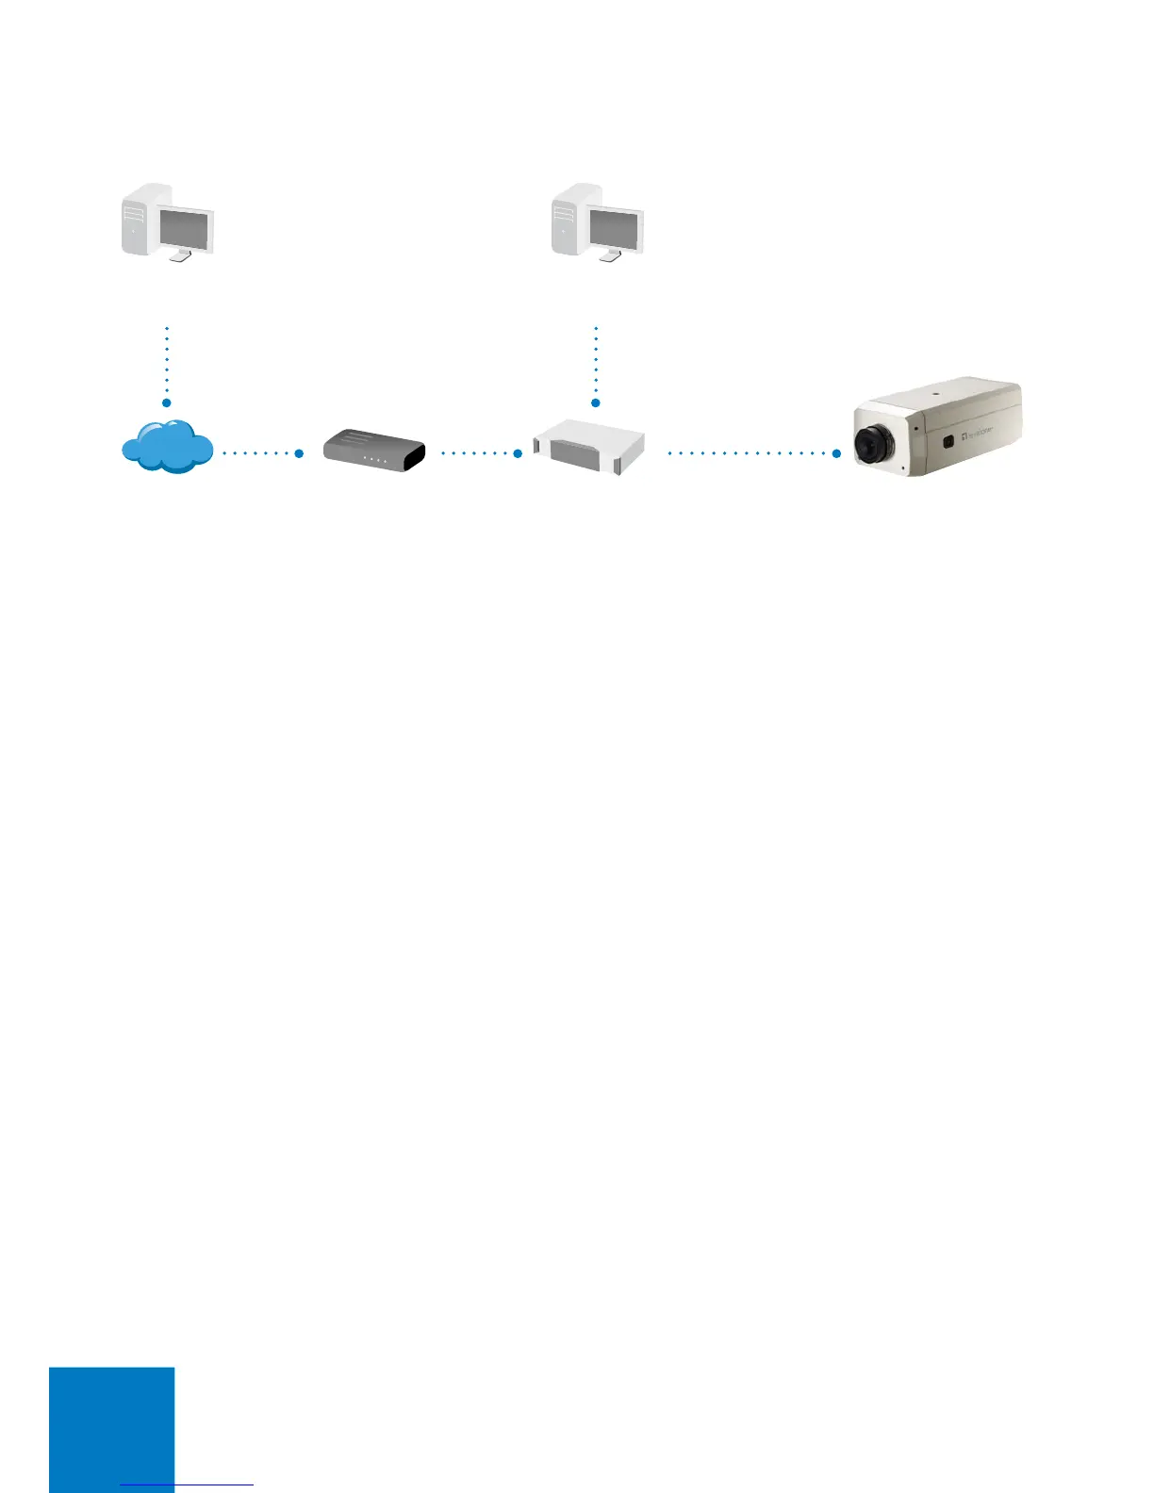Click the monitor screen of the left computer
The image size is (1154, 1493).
point(185,229)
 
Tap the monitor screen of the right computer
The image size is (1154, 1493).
point(614,229)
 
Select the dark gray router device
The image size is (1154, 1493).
point(373,451)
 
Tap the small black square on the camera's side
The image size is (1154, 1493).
point(948,440)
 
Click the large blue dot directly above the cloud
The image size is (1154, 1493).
point(167,403)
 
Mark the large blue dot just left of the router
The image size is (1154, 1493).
point(299,453)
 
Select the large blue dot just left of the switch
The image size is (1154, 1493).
point(518,453)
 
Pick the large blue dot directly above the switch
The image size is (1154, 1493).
point(596,403)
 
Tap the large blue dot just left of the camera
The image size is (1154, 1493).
point(836,453)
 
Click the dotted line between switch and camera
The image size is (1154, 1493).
point(750,453)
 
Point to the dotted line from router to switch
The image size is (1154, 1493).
point(476,453)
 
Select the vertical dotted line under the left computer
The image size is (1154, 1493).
point(167,363)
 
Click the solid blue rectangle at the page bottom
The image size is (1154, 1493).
point(112,1428)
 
